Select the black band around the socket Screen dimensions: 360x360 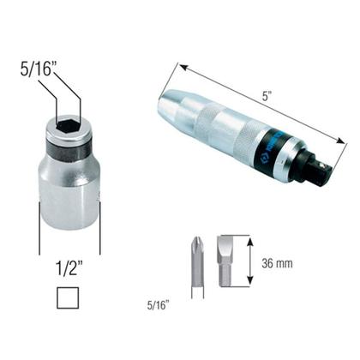click(x=69, y=154)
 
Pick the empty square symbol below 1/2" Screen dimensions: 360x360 click(x=69, y=298)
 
